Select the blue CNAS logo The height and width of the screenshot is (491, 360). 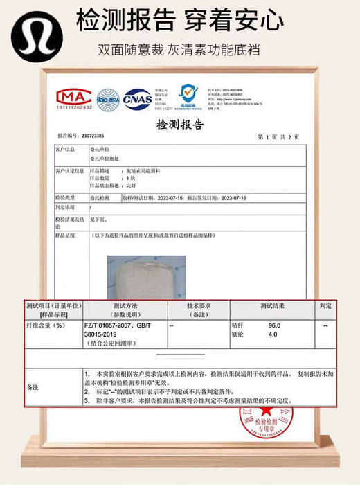[138, 98]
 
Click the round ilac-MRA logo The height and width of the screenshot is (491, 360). [108, 98]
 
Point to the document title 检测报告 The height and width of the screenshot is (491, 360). [180, 125]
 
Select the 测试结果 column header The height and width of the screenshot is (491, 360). [272, 305]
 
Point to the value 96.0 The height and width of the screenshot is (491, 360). [274, 325]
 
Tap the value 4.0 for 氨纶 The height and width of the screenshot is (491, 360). [273, 334]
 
